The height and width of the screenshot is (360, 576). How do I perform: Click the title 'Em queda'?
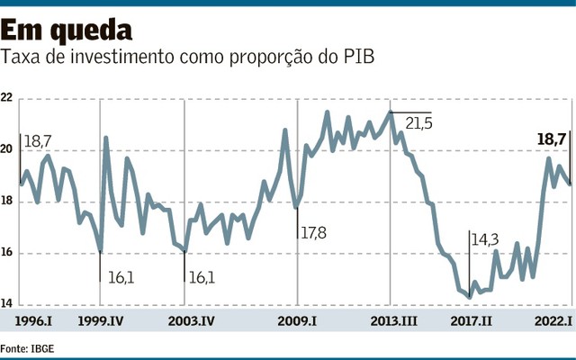tap(67, 30)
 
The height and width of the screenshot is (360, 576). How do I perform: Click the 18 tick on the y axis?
tap(7, 202)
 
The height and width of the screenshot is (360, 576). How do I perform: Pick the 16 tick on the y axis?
tap(7, 253)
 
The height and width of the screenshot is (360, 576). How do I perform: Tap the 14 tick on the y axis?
tap(7, 304)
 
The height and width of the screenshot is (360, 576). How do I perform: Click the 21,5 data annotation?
tap(418, 121)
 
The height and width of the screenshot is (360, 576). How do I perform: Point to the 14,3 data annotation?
tap(486, 239)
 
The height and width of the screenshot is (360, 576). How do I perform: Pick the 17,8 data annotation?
tap(313, 233)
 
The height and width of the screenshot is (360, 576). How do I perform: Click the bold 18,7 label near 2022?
tap(551, 139)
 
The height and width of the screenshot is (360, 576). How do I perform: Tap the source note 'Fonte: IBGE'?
tap(27, 346)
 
